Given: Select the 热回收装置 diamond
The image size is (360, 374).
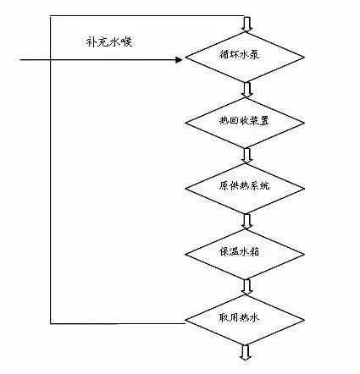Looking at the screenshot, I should click(x=246, y=122).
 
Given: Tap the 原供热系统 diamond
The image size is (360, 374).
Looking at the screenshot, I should click(x=246, y=184).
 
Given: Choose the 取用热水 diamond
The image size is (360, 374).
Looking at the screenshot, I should click(x=246, y=320).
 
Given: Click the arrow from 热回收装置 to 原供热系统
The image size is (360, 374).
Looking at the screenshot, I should click(x=246, y=154).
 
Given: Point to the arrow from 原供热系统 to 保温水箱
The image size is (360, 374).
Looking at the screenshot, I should click(x=246, y=218).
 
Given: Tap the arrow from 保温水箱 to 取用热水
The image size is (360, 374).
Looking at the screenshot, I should click(x=246, y=286).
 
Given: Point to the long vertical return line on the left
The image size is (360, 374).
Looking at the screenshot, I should click(x=53, y=169).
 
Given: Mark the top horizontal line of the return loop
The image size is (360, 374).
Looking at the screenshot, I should click(x=148, y=15).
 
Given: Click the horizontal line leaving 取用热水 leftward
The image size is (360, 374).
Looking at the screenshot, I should click(x=119, y=322).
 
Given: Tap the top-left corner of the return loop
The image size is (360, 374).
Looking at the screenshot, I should click(x=53, y=15).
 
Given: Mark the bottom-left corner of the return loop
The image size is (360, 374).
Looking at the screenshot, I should click(x=53, y=322).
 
